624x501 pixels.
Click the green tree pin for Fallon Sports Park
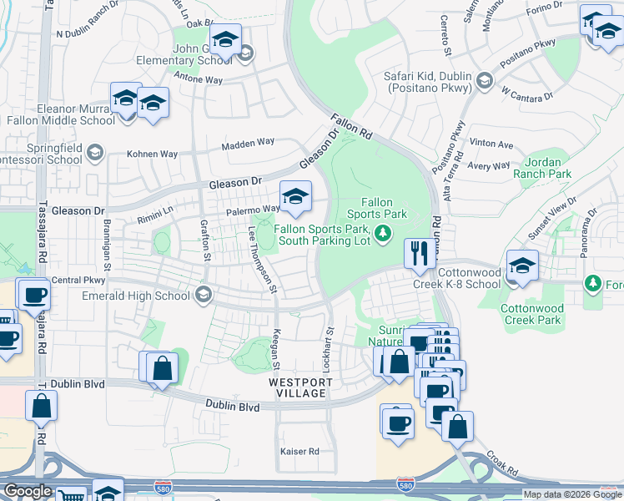[383, 233]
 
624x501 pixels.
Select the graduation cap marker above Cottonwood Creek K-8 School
[521, 266]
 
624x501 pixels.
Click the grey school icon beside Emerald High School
[203, 294]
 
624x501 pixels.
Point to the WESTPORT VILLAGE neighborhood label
[301, 388]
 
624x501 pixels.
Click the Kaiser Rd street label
[302, 452]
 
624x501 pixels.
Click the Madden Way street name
[248, 144]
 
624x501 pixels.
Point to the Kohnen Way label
[152, 154]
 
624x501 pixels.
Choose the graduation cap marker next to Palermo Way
[294, 197]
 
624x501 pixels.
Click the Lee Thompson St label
[263, 260]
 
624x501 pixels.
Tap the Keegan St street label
[275, 348]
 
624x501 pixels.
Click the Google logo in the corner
[28, 491]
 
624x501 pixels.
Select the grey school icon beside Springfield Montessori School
[95, 152]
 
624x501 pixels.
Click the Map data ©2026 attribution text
[572, 494]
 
